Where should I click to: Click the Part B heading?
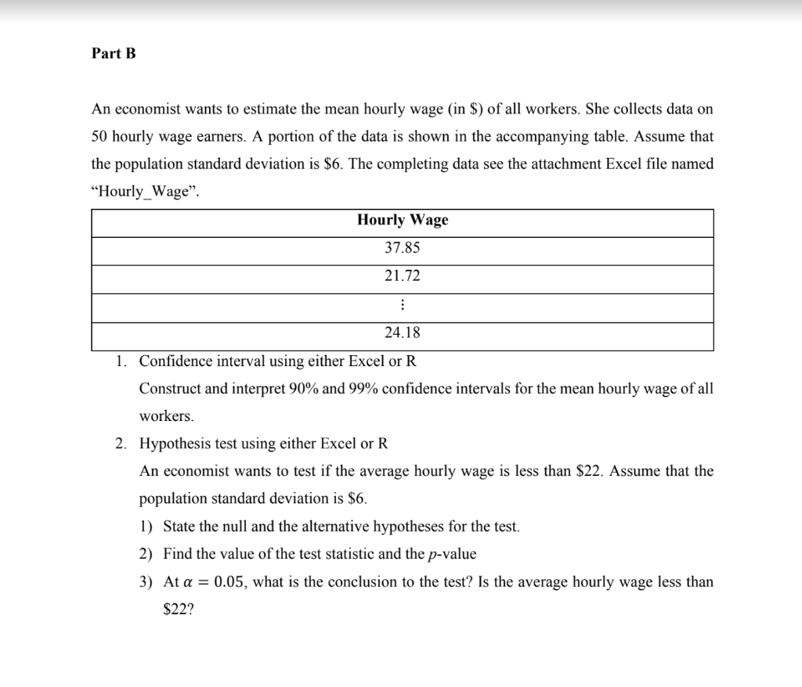click(114, 54)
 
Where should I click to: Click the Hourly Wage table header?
click(403, 220)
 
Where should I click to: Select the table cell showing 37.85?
click(403, 248)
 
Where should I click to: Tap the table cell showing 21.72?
click(403, 276)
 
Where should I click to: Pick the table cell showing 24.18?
click(403, 333)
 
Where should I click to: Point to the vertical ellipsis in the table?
click(403, 305)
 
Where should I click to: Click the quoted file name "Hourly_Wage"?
click(146, 192)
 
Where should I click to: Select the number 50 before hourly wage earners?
click(99, 136)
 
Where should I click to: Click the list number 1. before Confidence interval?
click(121, 361)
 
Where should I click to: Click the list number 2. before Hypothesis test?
click(121, 444)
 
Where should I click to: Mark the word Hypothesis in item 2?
click(175, 444)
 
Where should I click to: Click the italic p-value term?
click(453, 555)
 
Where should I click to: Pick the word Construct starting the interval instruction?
click(170, 389)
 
